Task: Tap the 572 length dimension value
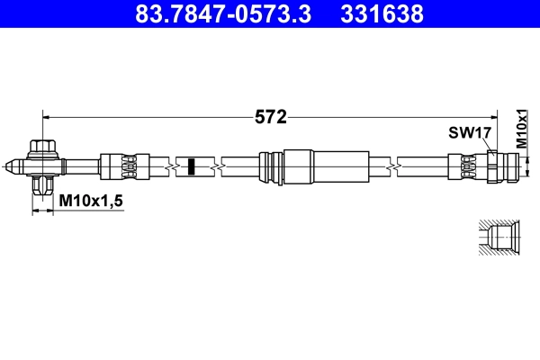click(x=270, y=116)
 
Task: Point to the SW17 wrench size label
click(x=469, y=132)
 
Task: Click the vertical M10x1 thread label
click(x=521, y=129)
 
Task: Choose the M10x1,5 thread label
click(x=90, y=202)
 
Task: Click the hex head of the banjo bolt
click(x=41, y=147)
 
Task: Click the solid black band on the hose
click(x=191, y=166)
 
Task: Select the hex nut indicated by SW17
click(x=491, y=166)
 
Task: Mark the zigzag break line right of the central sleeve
click(x=392, y=166)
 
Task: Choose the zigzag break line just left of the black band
click(x=171, y=166)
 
